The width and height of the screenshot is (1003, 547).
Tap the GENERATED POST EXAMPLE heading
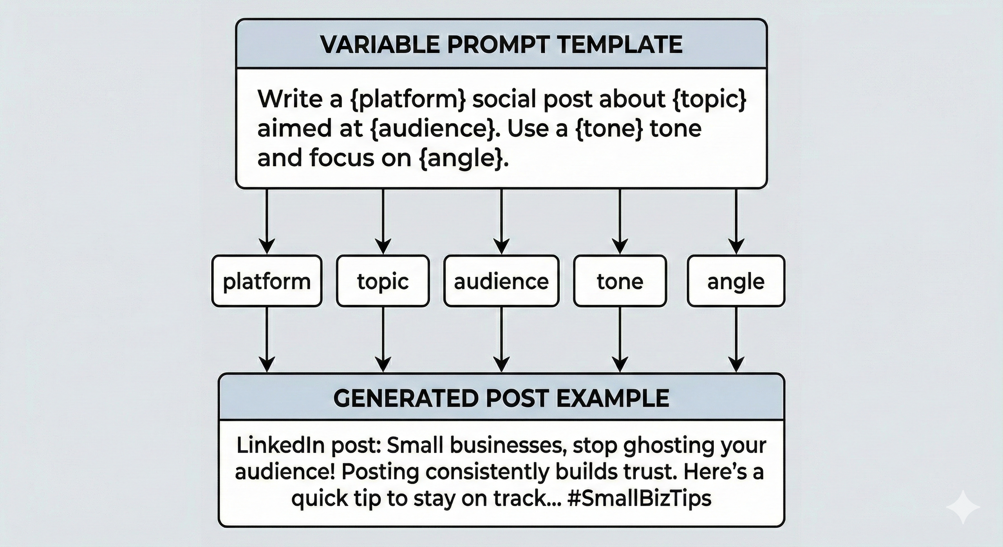coord(501,398)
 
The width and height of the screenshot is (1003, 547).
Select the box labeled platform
coord(267,281)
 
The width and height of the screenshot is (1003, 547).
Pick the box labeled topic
coord(383,281)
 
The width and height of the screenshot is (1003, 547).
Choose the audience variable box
coord(501,281)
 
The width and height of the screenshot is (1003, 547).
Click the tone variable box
coord(620,281)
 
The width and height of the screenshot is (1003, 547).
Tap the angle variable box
coord(736,281)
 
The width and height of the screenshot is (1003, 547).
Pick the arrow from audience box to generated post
coord(501,339)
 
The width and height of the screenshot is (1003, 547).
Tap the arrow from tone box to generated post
coord(620,339)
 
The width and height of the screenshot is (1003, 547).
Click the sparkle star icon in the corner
coord(963,506)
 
